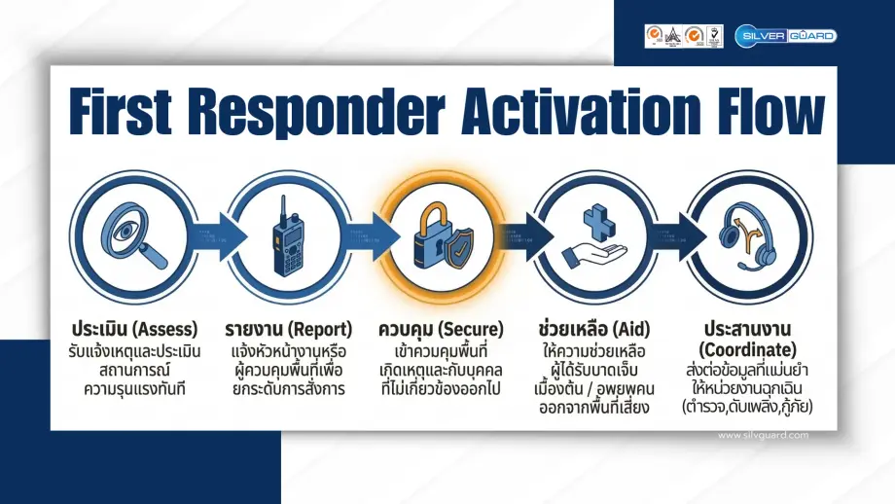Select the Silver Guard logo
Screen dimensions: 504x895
point(785,35)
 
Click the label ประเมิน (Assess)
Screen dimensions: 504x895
point(134,328)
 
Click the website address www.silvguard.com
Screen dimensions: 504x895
point(762,435)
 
